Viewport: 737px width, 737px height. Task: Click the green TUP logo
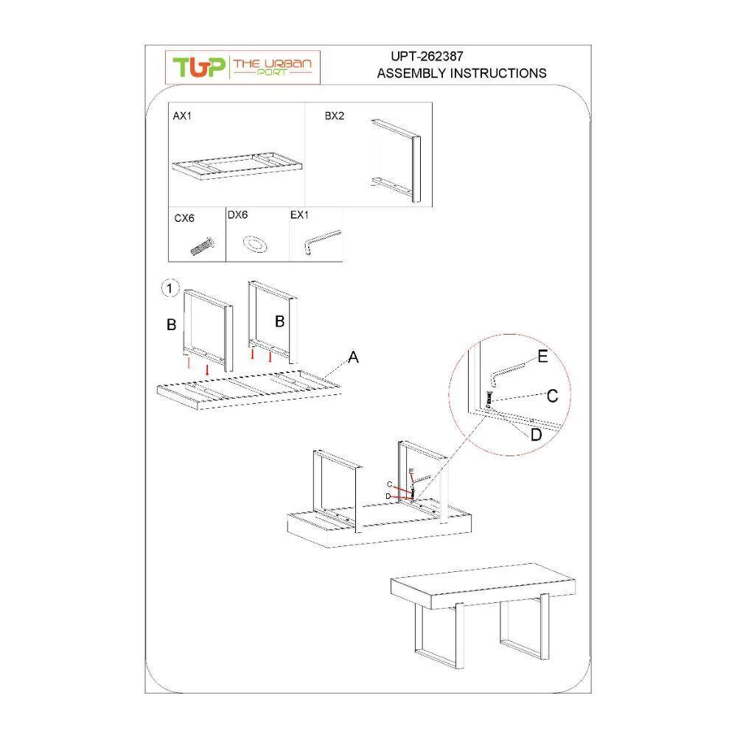[199, 67]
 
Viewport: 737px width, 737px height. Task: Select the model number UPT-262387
[427, 57]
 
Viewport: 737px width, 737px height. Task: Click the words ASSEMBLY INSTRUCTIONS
[461, 73]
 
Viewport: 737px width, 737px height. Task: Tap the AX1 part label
[182, 116]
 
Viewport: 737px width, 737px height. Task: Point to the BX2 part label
[334, 116]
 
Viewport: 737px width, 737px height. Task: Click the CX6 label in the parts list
[184, 218]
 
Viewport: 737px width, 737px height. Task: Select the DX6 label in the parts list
[237, 214]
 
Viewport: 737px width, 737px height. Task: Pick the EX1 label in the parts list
[299, 214]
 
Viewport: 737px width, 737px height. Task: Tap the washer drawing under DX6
[255, 245]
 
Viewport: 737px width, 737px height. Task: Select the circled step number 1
[170, 288]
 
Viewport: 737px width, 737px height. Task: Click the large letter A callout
[353, 357]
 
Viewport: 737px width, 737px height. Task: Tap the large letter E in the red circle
[542, 356]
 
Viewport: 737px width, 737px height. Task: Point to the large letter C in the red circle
[552, 396]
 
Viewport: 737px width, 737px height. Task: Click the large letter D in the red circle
[536, 435]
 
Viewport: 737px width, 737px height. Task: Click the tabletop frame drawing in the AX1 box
[237, 167]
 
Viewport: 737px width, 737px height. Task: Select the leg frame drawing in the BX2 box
[395, 161]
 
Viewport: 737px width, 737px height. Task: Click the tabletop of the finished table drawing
[483, 586]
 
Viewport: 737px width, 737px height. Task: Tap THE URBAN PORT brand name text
[272, 66]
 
